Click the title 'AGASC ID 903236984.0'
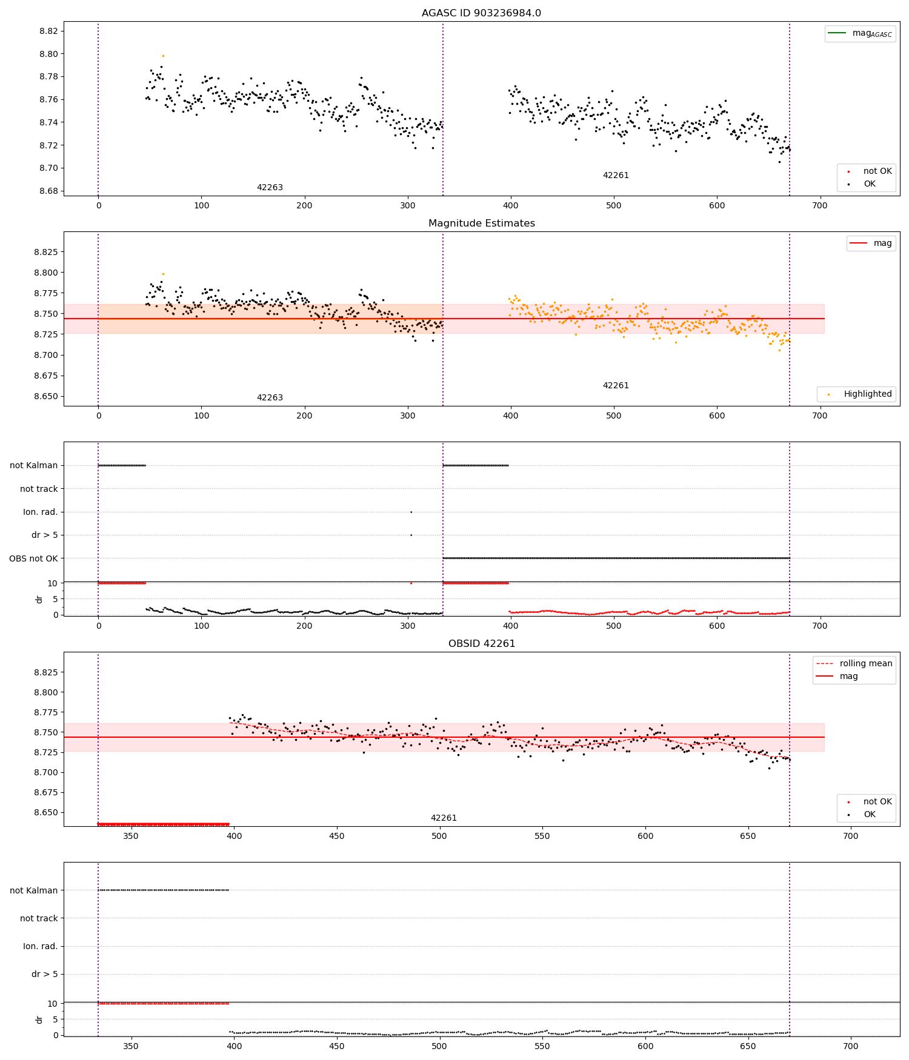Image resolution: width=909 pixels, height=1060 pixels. click(481, 13)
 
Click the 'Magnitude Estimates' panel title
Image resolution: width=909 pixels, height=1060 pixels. click(481, 224)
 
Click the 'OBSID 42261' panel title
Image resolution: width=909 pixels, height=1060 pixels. click(481, 644)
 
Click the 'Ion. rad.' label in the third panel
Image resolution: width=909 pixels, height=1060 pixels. click(40, 512)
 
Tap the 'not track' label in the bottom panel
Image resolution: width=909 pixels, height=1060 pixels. click(39, 918)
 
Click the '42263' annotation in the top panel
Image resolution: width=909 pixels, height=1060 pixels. click(270, 188)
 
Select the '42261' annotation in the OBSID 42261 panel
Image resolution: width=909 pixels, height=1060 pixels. click(444, 818)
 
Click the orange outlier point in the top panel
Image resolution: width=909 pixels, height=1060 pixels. click(163, 56)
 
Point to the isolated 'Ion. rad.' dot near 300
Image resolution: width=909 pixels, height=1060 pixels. click(411, 512)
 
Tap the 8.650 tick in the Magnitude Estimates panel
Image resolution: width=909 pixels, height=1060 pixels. click(46, 397)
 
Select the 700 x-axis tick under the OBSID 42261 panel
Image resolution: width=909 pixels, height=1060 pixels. click(851, 836)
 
